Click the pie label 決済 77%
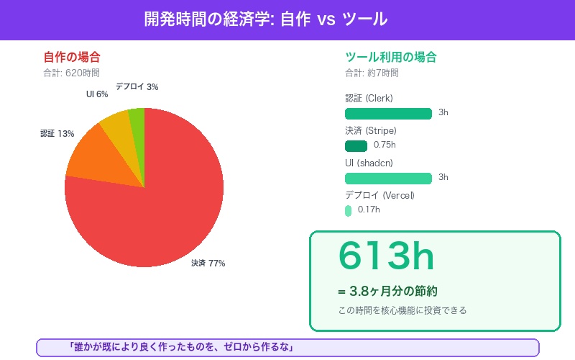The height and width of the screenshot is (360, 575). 208,264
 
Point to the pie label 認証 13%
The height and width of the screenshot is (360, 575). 57,134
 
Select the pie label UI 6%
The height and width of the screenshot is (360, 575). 97,94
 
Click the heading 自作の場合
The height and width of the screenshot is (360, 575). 72,57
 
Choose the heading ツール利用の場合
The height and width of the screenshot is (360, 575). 391,57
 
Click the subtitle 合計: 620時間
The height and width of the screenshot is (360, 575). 71,73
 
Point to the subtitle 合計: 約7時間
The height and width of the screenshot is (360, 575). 372,73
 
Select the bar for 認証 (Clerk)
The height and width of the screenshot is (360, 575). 388,113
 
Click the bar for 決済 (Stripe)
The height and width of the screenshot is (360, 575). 356,145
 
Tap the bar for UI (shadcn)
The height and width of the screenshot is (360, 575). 388,178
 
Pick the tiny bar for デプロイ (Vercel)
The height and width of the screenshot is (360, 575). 348,210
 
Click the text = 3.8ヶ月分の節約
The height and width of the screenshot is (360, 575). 387,292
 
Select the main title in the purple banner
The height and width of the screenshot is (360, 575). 266,19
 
